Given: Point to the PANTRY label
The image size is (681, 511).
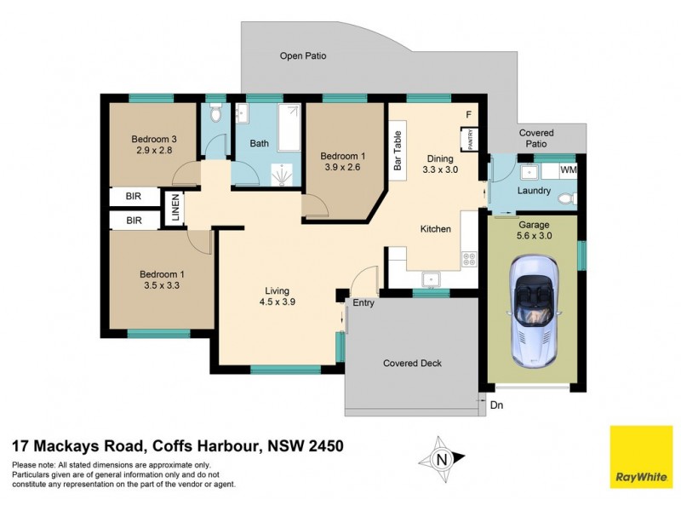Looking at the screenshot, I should (x=467, y=138).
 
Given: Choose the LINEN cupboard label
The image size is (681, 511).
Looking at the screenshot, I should (x=175, y=208).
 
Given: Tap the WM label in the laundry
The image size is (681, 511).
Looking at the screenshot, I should (x=568, y=170).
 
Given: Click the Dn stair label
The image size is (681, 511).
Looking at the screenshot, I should (x=497, y=405).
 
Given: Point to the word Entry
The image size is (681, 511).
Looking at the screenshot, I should (x=363, y=302).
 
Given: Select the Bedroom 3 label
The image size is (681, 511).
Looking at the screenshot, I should (x=154, y=139).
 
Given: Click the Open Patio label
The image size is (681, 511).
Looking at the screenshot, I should (x=303, y=56).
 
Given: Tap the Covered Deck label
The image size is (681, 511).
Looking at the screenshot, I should (x=412, y=363).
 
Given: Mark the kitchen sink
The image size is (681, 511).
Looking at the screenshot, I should (x=430, y=278).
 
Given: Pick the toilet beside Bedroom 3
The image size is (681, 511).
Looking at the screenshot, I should (x=215, y=113).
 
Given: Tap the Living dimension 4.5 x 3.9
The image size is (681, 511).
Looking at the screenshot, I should (x=278, y=301).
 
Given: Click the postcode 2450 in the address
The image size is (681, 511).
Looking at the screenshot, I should (x=323, y=445).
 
